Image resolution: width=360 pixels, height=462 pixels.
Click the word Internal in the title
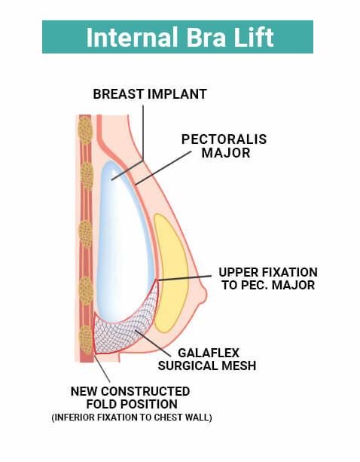point(132,37)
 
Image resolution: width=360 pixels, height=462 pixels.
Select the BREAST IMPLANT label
point(150,94)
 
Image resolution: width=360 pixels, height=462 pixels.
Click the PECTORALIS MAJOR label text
point(224,146)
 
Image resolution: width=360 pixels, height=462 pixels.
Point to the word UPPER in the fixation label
point(239,272)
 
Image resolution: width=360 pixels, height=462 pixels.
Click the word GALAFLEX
point(209,353)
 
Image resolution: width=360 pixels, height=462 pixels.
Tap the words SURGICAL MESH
point(207,366)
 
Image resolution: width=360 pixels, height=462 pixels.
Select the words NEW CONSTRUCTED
point(130,391)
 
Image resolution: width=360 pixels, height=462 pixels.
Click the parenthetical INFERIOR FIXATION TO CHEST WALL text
point(132,418)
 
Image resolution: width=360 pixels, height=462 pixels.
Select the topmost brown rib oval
point(85,130)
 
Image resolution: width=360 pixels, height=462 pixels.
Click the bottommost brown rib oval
point(86,340)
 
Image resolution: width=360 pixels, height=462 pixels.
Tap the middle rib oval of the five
point(86,234)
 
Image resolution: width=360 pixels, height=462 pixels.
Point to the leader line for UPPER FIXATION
point(185,278)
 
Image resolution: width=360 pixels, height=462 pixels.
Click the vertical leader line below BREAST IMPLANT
point(143,133)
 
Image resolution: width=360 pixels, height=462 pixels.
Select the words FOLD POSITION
point(132,404)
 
